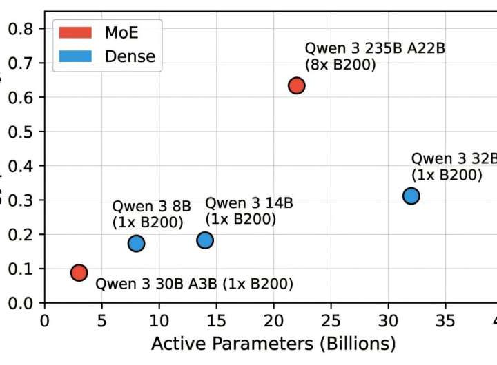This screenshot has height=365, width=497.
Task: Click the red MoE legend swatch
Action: [75, 32]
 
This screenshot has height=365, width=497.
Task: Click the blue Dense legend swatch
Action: [75, 56]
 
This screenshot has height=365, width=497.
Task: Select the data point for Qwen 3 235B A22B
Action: [296, 85]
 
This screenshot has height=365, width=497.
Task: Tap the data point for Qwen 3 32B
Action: [411, 196]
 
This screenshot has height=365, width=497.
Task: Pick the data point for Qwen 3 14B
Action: [205, 240]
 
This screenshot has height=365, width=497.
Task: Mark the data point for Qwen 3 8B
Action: [136, 242]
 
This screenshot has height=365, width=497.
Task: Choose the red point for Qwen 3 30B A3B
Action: [79, 272]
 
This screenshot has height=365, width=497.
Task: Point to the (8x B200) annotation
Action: [340, 66]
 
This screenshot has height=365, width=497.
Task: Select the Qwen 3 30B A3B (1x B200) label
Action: [194, 284]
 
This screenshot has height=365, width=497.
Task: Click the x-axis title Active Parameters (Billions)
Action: [273, 344]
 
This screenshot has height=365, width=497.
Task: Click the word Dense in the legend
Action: [129, 56]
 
